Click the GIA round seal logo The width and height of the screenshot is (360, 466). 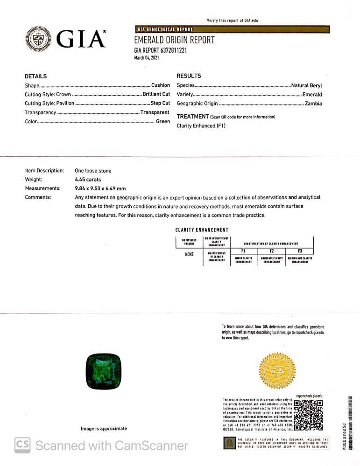click(38, 39)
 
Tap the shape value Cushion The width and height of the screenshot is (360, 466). click(160, 85)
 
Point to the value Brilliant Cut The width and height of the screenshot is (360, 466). click(156, 94)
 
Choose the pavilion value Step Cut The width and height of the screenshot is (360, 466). click(160, 103)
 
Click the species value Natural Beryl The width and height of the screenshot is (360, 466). click(306, 85)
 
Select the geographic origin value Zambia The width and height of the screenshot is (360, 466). click(313, 104)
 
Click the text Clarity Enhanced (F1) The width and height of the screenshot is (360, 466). click(201, 126)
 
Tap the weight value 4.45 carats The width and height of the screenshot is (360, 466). click(88, 180)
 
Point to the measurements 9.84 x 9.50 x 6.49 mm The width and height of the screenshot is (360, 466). click(100, 188)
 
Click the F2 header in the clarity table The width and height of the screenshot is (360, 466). click(271, 251)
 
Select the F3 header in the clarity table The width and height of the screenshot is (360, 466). click(299, 251)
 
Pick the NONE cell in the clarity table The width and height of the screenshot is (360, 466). click(189, 255)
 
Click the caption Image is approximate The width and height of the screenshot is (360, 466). click(104, 429)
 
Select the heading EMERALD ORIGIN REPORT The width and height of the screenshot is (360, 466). click(174, 40)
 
